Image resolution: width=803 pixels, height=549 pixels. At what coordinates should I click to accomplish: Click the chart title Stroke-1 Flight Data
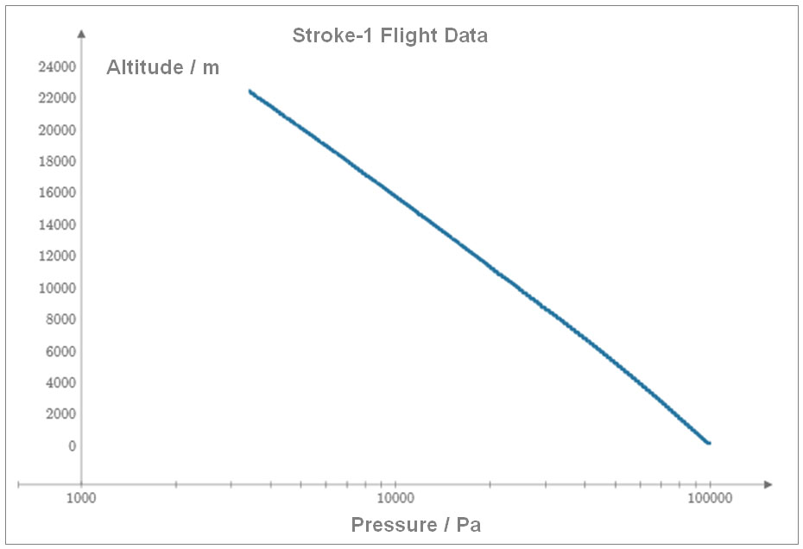click(x=389, y=36)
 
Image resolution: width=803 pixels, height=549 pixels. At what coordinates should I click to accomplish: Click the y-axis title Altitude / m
click(x=162, y=67)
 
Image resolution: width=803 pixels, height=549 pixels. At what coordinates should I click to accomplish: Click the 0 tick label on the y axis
click(x=72, y=446)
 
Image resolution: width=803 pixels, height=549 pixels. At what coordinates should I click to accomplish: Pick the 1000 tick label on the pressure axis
click(x=81, y=498)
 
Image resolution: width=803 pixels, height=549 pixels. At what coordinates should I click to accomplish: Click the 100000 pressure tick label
click(x=710, y=498)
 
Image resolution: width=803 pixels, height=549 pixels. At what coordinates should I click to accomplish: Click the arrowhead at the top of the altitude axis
click(x=81, y=34)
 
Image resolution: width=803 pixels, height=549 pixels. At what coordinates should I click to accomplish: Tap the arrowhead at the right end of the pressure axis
click(x=768, y=484)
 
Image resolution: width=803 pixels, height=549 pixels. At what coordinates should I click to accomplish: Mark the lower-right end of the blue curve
click(x=708, y=443)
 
